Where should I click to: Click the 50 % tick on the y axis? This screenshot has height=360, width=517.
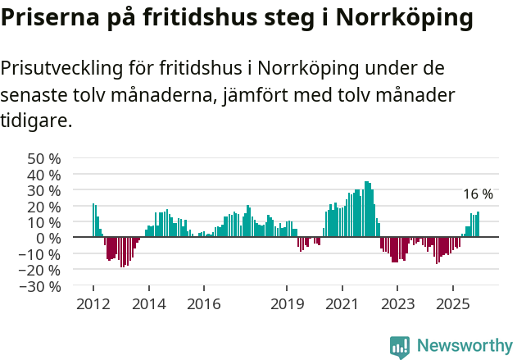(43, 158)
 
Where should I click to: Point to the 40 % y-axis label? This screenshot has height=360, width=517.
(43, 175)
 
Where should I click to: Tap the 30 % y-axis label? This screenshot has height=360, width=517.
(43, 190)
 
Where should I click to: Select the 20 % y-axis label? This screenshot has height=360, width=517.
(43, 207)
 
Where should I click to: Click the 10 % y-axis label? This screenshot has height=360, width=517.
(43, 222)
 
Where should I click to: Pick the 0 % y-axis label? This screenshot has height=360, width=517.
(48, 239)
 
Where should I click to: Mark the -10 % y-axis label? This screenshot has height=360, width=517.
(41, 254)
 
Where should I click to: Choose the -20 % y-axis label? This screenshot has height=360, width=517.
(41, 271)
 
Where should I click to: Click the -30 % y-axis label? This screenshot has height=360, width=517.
(41, 287)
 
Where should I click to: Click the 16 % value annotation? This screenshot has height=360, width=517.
(478, 194)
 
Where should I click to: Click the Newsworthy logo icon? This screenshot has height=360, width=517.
(400, 347)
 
